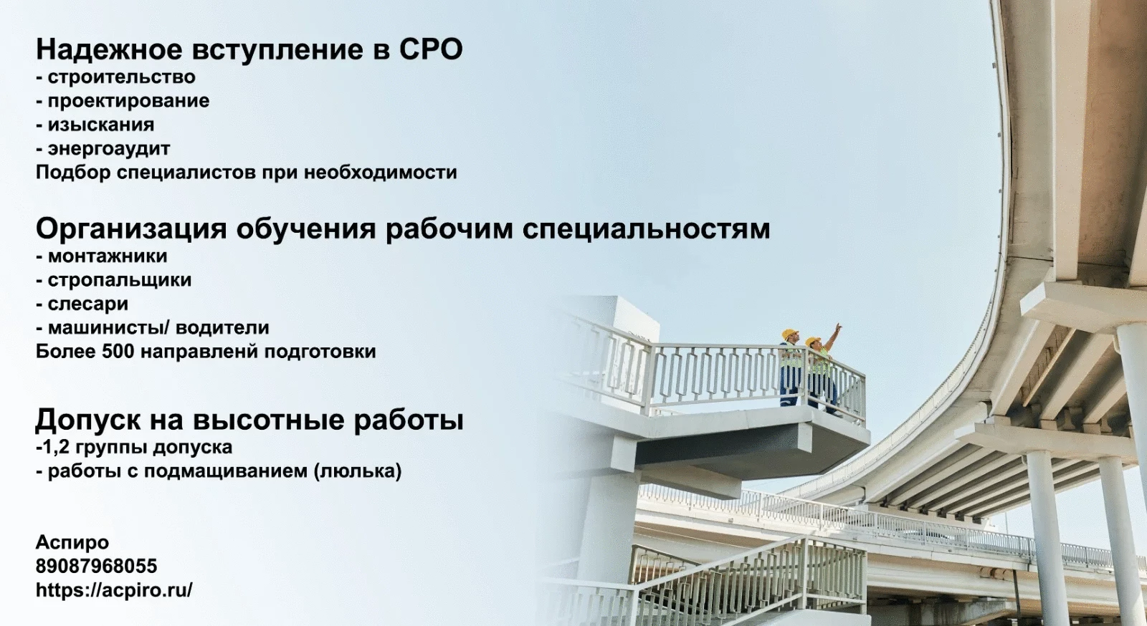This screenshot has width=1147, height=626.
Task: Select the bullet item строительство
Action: [122, 77]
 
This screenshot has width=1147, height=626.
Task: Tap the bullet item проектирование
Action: [128, 101]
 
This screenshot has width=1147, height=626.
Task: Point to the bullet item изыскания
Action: [101, 125]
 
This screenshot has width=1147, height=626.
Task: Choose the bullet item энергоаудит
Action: [109, 149]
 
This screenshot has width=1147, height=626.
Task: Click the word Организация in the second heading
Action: [131, 229]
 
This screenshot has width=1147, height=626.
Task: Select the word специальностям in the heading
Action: [646, 229]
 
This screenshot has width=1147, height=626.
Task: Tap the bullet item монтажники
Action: [108, 256]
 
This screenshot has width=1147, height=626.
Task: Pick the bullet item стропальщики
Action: [120, 280]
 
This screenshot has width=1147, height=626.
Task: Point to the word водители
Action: [222, 328]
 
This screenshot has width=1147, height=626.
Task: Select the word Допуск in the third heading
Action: [87, 420]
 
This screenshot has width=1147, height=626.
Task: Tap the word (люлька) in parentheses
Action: [358, 471]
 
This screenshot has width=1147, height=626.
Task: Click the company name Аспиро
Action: [72, 542]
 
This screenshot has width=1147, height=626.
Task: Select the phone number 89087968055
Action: [96, 566]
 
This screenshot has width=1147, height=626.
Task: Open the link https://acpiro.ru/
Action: [114, 590]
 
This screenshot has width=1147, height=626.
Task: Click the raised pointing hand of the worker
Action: [838, 327]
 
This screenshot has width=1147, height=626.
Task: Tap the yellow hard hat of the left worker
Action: [789, 333]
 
